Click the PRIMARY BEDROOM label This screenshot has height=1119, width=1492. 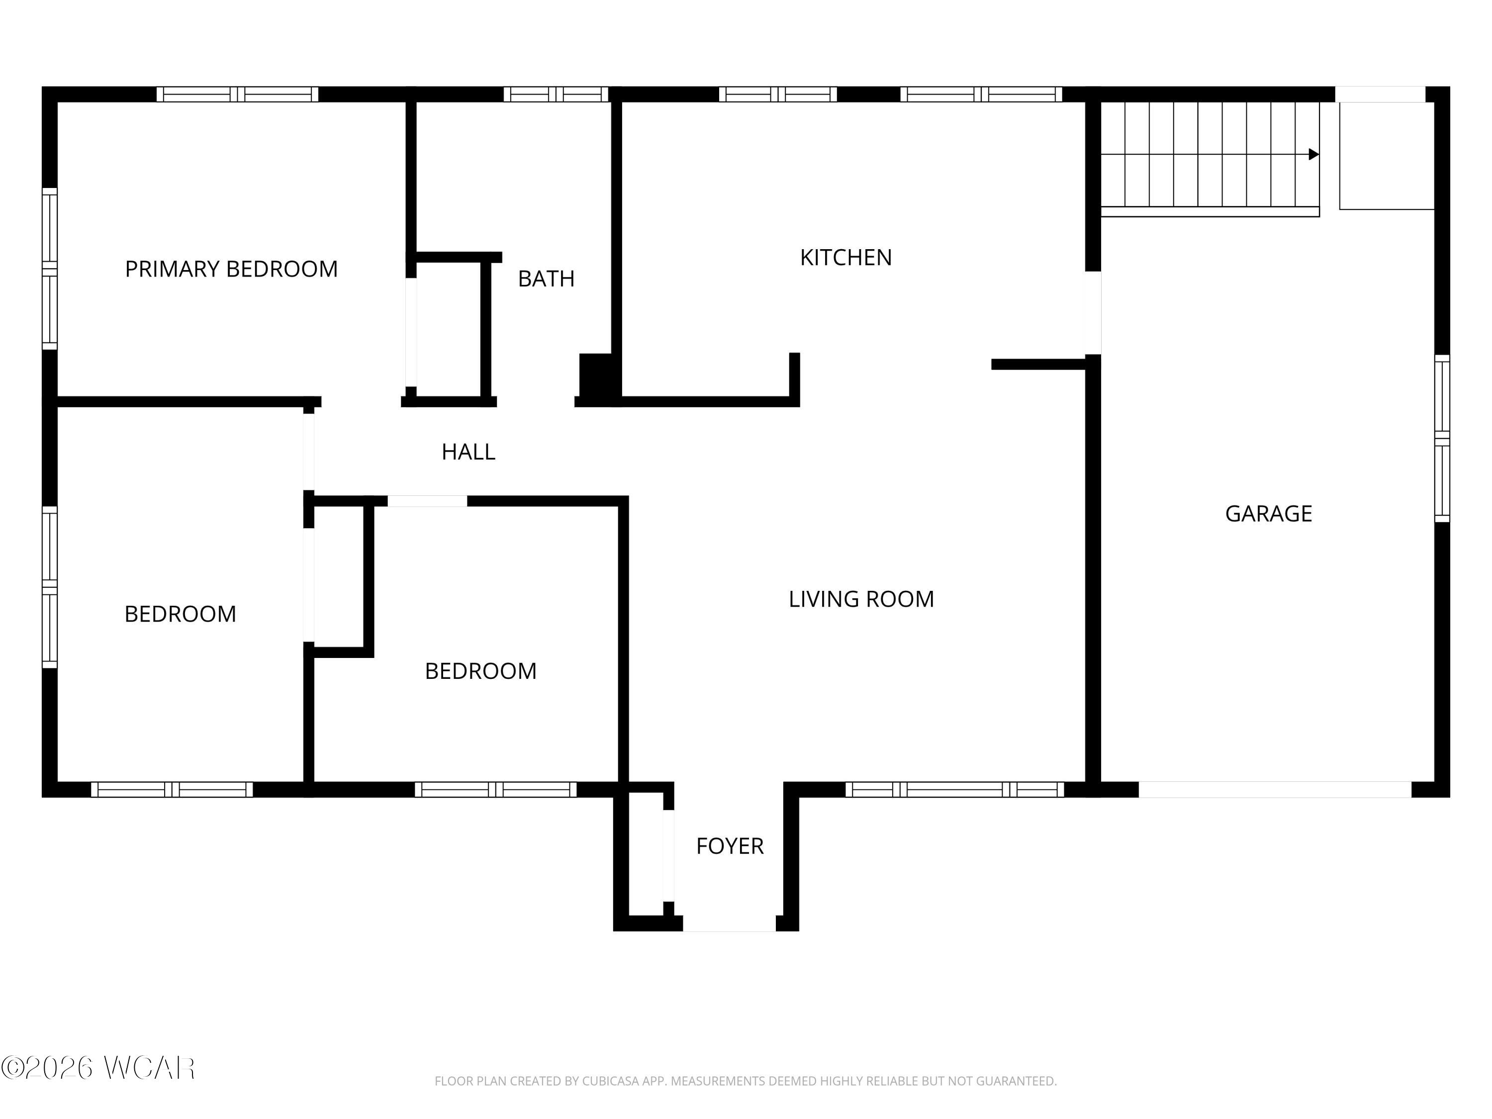231,269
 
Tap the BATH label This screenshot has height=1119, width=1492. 547,279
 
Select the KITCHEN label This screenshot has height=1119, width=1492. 846,258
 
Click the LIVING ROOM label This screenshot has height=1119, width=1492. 861,599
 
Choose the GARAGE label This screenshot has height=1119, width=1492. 1269,514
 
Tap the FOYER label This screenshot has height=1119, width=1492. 730,846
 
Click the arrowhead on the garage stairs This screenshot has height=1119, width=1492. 1314,155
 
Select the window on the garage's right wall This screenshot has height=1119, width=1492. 1442,439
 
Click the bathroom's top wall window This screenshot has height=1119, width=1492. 556,94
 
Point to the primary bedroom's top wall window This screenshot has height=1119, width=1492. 237,94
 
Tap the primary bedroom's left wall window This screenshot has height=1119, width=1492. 50,269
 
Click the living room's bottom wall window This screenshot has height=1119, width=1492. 954,789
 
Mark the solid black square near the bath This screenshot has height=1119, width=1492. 596,375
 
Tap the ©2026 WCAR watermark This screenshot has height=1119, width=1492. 98,1067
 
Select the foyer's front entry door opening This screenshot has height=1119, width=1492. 729,924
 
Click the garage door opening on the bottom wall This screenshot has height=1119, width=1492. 1275,789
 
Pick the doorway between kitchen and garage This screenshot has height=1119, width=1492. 1093,313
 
